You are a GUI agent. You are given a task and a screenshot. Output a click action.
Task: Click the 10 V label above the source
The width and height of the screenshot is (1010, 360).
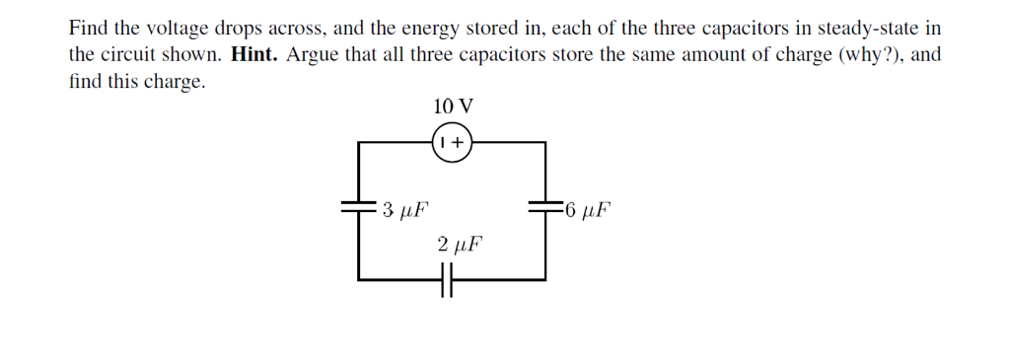click(453, 106)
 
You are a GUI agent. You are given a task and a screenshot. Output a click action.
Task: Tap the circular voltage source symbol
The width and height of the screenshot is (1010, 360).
click(453, 142)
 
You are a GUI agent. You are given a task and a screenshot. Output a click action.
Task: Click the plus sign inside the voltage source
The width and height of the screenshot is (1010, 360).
click(459, 142)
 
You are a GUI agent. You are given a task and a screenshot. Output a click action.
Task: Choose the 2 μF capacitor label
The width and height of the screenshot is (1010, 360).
click(460, 243)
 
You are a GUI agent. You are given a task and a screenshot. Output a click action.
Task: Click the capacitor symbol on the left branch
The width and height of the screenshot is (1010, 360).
click(357, 208)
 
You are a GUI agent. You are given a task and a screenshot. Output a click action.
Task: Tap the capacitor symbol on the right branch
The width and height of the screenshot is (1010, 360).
click(545, 208)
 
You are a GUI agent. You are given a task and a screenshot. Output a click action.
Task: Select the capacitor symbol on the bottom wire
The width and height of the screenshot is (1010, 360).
click(449, 280)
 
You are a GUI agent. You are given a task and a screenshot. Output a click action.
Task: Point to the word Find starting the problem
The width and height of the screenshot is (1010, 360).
click(87, 28)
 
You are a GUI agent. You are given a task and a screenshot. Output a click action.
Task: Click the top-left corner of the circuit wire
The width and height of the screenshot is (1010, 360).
click(358, 142)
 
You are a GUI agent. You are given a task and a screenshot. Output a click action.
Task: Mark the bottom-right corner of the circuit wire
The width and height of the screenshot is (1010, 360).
click(545, 280)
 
